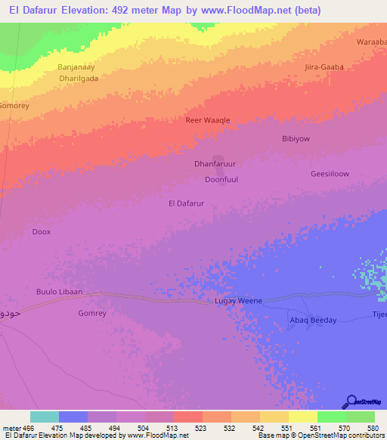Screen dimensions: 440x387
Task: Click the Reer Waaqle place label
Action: [208, 120]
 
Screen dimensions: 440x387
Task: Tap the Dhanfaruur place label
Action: [215, 163]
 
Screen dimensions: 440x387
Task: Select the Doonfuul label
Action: [221, 180]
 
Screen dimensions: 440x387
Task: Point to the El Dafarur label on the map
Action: [186, 203]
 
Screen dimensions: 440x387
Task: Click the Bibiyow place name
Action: [296, 139]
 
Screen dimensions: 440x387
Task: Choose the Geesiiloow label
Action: [330, 174]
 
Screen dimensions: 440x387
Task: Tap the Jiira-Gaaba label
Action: [324, 67]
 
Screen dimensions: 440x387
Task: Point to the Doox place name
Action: [42, 232]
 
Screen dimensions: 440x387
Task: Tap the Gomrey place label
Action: [92, 313]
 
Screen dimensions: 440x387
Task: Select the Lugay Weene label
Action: [238, 301]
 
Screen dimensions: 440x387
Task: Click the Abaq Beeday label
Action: [313, 320]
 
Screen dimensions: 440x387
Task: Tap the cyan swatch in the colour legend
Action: [45, 417]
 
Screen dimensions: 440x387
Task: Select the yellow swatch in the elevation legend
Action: [302, 417]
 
